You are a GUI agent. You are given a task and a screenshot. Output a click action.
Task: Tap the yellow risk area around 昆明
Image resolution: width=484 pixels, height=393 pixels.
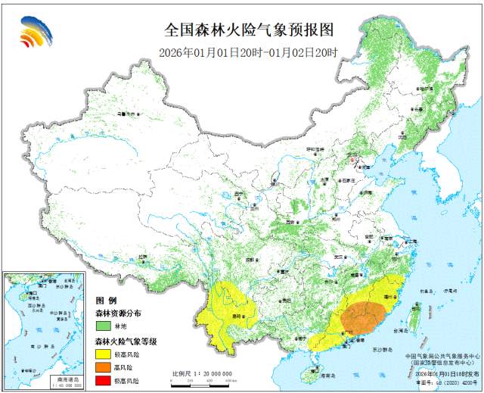pos(227,307)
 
